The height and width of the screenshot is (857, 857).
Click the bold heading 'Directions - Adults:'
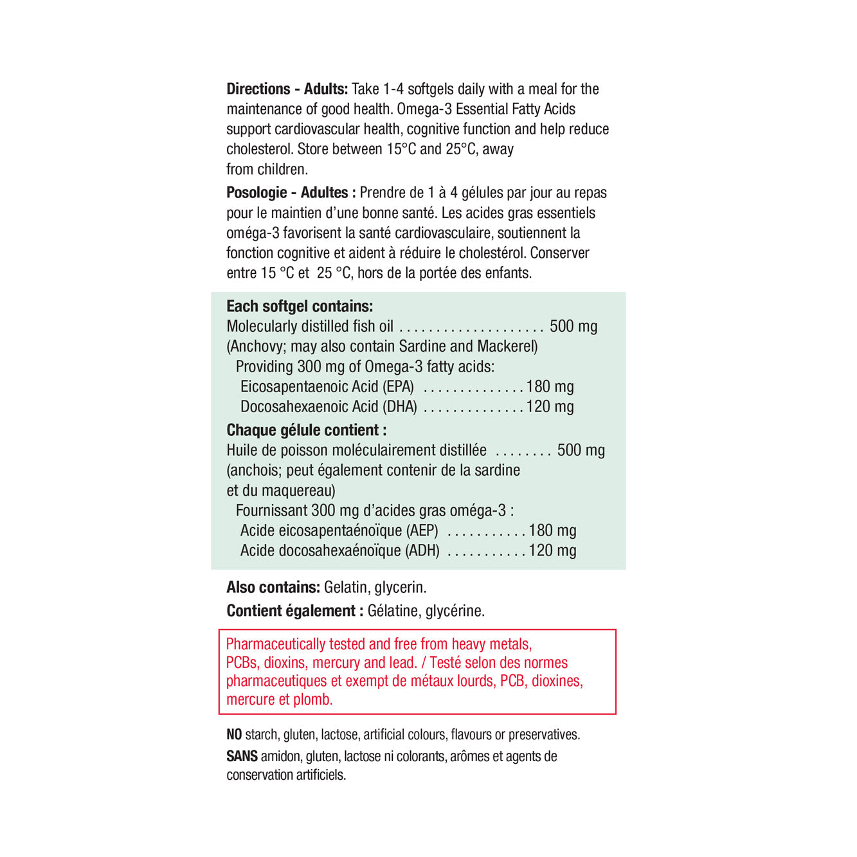287,89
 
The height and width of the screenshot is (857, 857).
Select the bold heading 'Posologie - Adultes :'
291,193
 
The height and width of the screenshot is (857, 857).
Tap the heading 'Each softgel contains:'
300,307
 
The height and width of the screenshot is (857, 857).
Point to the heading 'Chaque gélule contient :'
307,430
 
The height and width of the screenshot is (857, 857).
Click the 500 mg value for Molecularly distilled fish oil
573,327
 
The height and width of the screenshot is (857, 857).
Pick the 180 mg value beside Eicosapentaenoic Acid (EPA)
550,387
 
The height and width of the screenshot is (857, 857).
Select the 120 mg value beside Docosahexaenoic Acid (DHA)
550,407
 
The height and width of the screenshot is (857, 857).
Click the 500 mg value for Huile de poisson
581,451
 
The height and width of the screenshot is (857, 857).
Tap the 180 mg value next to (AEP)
553,531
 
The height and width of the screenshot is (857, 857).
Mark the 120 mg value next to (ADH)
553,551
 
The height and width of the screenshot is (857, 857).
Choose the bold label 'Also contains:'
273,588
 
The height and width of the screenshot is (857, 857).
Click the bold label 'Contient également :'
294,611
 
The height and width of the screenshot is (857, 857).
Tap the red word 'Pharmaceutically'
276,644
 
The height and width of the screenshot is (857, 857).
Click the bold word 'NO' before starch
234,735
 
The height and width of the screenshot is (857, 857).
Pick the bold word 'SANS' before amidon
242,757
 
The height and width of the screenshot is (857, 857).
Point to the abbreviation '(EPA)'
399,387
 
